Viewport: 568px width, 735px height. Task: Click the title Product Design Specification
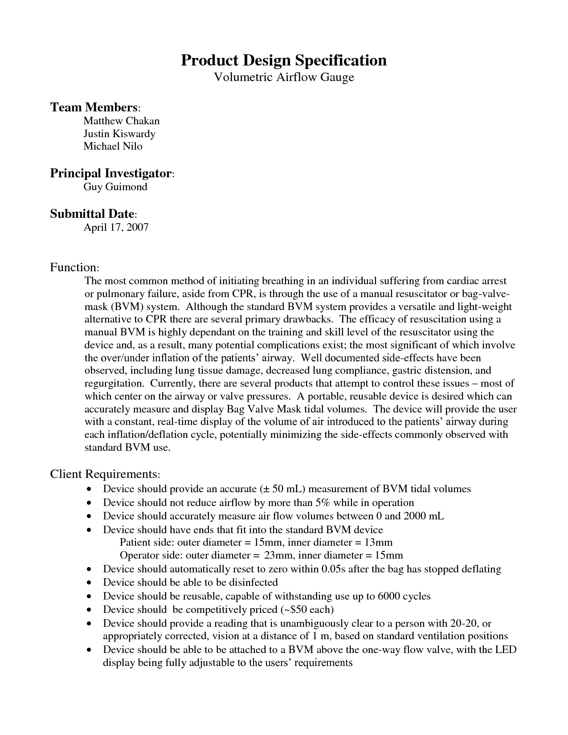point(284,60)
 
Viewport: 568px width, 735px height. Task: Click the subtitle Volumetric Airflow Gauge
point(284,77)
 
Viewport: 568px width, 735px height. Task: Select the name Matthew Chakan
point(121,121)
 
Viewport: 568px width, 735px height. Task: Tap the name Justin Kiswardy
point(119,134)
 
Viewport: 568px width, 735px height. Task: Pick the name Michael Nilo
point(113,146)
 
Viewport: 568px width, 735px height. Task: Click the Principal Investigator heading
point(111,173)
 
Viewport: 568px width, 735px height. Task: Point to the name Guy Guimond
point(115,187)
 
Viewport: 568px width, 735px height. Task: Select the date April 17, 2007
point(116,228)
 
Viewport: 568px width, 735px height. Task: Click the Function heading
point(74,267)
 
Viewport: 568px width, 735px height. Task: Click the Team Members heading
point(94,107)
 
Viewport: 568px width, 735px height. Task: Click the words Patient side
point(147,542)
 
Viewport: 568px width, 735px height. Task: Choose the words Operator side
point(151,555)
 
